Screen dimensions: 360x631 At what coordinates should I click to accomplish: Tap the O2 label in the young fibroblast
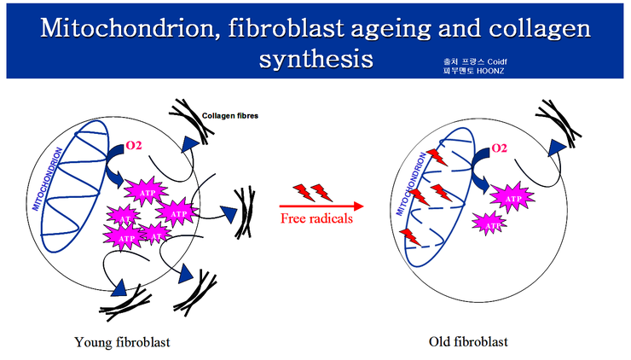pyautogui.click(x=136, y=145)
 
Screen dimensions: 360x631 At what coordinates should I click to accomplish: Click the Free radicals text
pyautogui.click(x=316, y=219)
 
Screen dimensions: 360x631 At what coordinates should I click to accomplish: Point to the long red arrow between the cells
pyautogui.click(x=321, y=205)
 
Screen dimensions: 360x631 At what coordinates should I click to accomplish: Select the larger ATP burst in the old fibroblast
pyautogui.click(x=513, y=198)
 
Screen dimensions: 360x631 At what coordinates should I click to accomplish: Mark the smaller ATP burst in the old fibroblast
pyautogui.click(x=488, y=223)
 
